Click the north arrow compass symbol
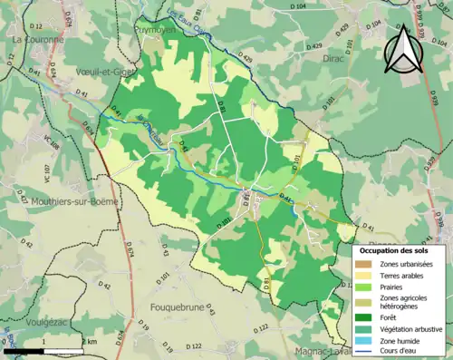pos(403,49)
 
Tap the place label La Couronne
pos(37,40)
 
